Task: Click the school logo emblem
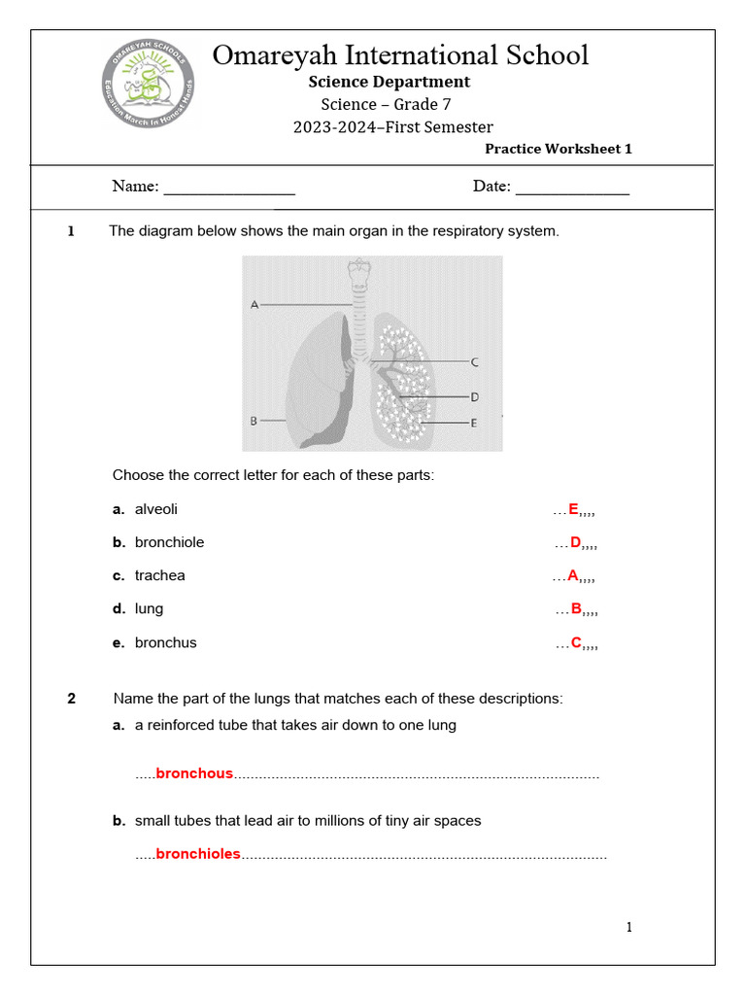tap(149, 85)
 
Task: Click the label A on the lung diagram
tap(254, 304)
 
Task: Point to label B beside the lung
tap(254, 421)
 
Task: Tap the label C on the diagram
tap(474, 362)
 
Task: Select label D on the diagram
tap(474, 396)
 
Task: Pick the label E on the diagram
tap(474, 423)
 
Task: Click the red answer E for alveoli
tap(573, 509)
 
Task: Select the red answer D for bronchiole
tap(575, 542)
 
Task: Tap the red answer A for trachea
tap(573, 575)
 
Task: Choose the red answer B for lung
tap(576, 609)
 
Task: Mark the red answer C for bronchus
tap(576, 642)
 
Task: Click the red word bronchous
tap(194, 773)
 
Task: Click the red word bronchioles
tap(198, 854)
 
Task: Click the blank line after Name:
tap(229, 188)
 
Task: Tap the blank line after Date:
tap(572, 188)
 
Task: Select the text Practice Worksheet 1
tap(558, 149)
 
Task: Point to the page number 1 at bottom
tap(628, 927)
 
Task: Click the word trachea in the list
tap(159, 575)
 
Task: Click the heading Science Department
tap(389, 82)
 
